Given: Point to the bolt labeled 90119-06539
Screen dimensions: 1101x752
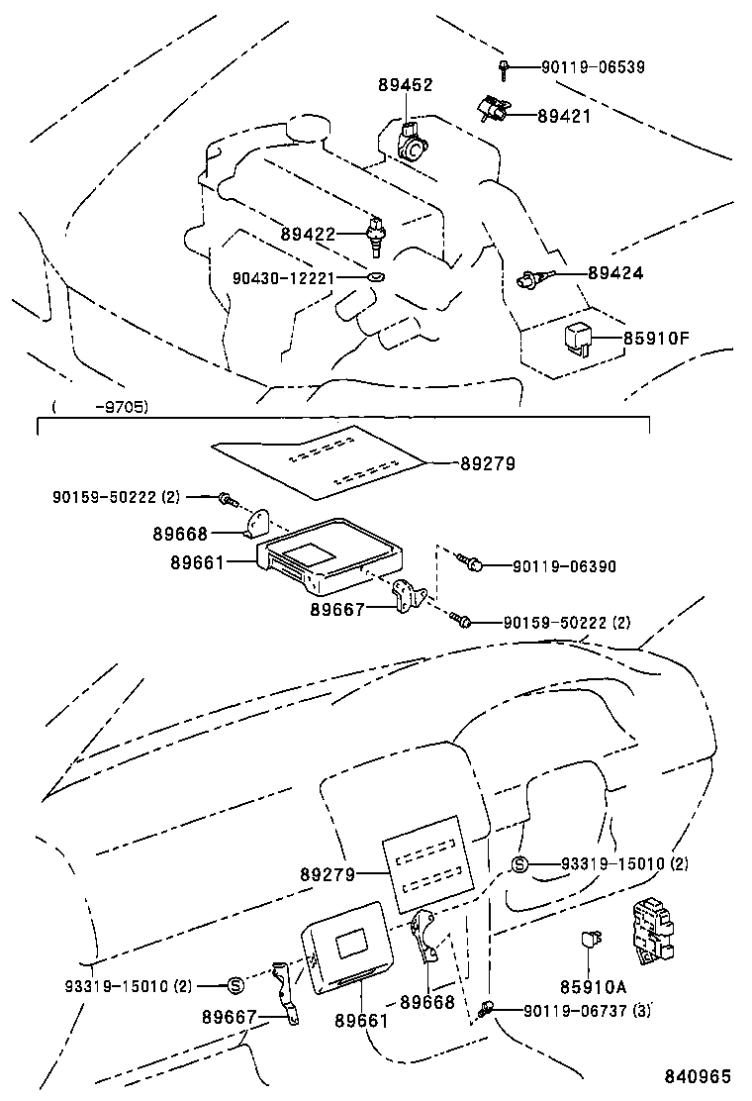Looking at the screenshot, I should point(504,68).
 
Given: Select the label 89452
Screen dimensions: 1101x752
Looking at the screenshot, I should point(405,85).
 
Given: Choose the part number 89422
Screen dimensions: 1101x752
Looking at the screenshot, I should point(308,235).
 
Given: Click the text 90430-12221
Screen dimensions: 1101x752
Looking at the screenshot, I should point(286,278).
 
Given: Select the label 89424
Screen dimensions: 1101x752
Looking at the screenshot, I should point(615,272).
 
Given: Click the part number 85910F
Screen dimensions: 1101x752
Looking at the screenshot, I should point(656,339).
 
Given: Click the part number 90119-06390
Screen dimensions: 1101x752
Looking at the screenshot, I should point(564,566).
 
